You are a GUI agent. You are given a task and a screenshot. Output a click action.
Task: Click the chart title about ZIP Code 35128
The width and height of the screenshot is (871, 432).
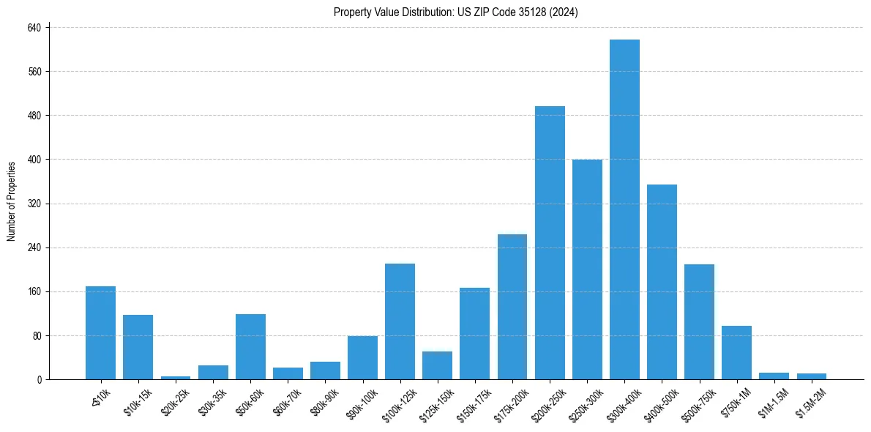(456, 12)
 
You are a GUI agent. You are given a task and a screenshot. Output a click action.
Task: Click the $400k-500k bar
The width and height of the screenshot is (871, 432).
(662, 282)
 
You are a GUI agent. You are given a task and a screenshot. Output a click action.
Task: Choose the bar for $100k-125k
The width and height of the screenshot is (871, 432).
(400, 321)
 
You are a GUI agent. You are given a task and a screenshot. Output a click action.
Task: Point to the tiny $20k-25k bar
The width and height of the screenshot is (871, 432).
(175, 378)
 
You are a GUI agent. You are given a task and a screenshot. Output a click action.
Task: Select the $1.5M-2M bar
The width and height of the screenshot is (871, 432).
(812, 376)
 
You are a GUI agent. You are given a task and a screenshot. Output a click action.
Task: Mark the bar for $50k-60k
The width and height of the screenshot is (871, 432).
(250, 347)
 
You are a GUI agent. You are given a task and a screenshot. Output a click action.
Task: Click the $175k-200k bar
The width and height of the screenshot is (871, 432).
(512, 307)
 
